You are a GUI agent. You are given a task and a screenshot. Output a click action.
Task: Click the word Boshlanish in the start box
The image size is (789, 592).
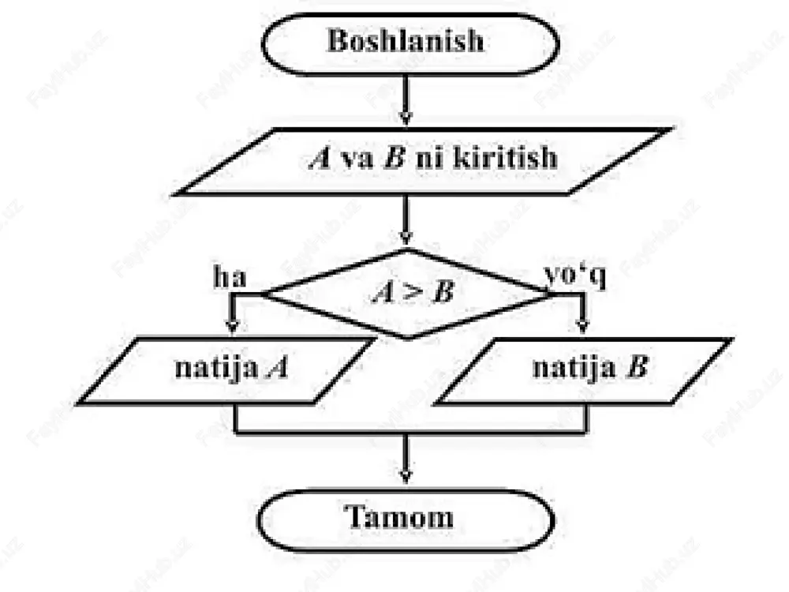click(406, 40)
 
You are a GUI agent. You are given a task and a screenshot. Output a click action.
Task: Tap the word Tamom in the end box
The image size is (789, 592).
click(398, 516)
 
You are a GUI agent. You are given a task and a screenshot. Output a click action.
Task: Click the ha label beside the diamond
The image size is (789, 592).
click(230, 277)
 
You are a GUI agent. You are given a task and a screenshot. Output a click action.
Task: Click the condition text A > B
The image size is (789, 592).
click(413, 292)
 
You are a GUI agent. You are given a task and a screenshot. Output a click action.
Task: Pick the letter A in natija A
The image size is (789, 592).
click(278, 368)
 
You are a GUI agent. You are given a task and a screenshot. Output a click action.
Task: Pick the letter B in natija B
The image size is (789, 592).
click(637, 366)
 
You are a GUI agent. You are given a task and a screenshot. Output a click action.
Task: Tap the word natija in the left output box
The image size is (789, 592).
click(216, 368)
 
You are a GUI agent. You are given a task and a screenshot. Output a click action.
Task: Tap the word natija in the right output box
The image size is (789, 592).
click(574, 367)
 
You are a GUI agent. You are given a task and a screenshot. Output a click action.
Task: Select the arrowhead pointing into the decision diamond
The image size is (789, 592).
click(406, 237)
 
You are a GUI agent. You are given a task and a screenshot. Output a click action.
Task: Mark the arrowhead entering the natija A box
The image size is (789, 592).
click(232, 326)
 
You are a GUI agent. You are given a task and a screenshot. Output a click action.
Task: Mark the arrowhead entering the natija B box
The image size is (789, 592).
click(583, 326)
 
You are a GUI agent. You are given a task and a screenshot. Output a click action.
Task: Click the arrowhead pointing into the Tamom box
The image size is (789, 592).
click(406, 476)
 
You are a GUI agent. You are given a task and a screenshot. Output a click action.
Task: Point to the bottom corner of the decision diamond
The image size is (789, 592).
click(408, 338)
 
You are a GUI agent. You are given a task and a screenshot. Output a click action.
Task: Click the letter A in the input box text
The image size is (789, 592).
click(320, 158)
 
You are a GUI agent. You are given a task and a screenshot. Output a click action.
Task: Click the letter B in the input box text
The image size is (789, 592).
click(394, 158)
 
